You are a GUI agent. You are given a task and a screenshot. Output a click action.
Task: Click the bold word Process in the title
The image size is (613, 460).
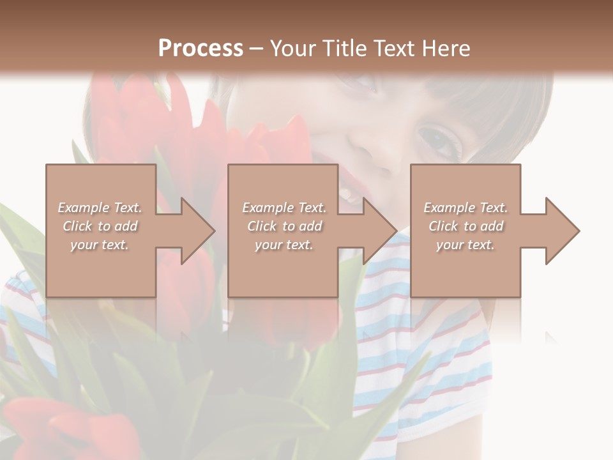coord(201,48)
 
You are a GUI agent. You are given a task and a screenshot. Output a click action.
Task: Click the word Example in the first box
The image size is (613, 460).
coord(84,208)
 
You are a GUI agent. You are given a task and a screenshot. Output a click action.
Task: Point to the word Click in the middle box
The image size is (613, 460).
coord(261,226)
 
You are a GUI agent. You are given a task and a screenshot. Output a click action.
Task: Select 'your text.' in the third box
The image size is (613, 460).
coord(465,245)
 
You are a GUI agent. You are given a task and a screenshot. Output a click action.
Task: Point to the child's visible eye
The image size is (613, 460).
coord(440,141)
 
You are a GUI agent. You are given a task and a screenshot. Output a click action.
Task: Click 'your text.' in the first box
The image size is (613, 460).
coord(100,245)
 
